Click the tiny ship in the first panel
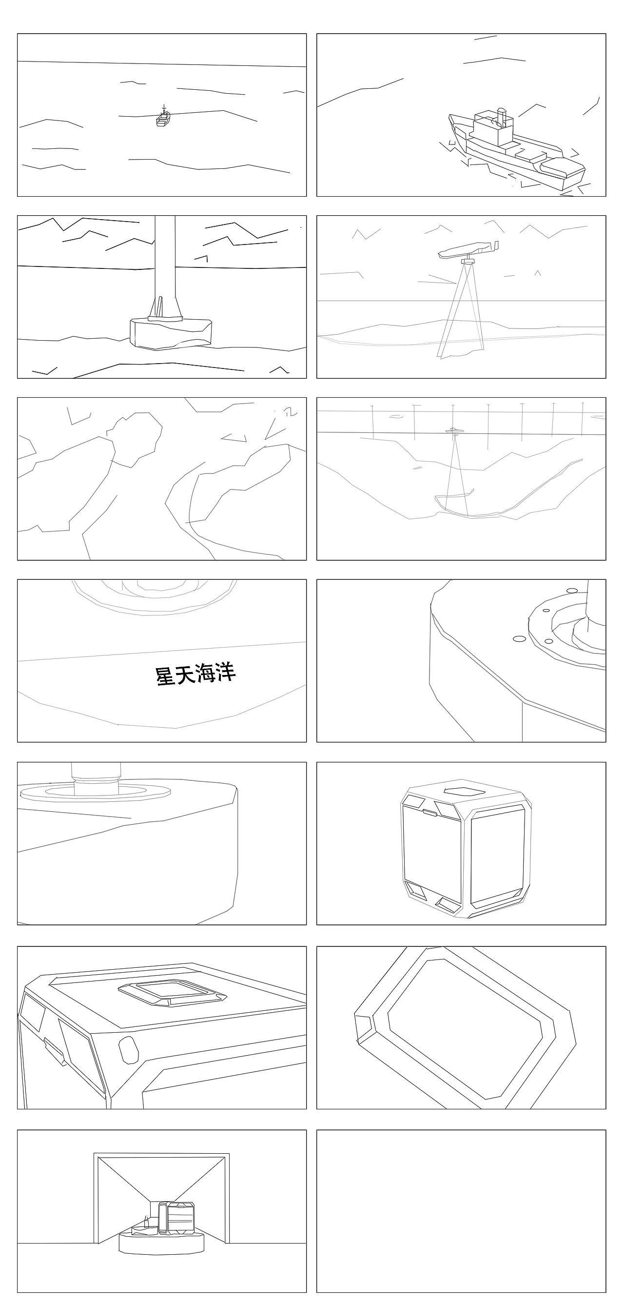[x=163, y=119]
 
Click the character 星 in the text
[x=165, y=676]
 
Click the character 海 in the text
[x=205, y=674]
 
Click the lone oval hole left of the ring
[x=519, y=639]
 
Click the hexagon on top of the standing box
[x=458, y=791]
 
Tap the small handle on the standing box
[x=430, y=813]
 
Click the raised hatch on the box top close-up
[x=173, y=992]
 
